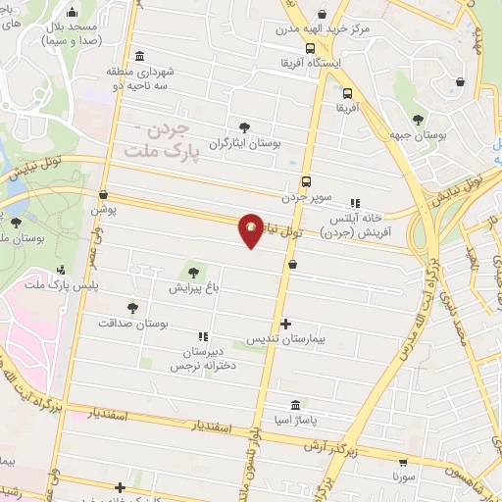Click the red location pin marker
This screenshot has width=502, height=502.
coord(252,229)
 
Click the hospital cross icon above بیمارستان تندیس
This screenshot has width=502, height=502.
coord(285,324)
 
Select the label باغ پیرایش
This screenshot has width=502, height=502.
coord(192,288)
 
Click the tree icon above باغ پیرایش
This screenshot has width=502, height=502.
coord(193,273)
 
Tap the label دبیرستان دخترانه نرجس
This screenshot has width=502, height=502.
coord(202,359)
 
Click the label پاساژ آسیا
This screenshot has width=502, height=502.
coord(295,421)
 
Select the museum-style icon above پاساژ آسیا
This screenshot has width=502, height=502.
coord(295,405)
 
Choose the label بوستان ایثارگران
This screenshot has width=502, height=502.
coord(245,142)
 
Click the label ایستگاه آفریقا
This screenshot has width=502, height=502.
coord(311,62)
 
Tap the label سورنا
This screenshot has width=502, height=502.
coord(405,476)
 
